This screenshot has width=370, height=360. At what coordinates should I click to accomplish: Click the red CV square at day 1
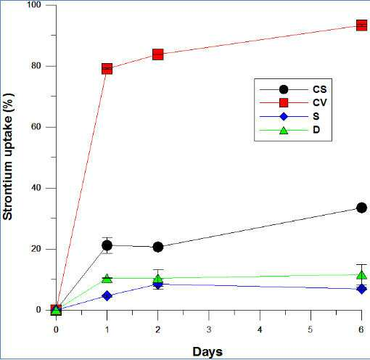[107, 69]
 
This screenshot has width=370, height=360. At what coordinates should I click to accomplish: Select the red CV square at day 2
[158, 54]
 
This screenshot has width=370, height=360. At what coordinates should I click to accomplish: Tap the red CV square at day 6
[361, 25]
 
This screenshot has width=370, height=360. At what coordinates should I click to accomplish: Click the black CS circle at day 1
[107, 245]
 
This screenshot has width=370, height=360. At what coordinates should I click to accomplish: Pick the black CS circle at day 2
[158, 247]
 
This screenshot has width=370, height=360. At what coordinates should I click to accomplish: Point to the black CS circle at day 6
[361, 208]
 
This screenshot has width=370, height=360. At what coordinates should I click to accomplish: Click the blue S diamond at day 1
[107, 295]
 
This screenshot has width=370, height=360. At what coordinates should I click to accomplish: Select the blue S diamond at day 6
[361, 289]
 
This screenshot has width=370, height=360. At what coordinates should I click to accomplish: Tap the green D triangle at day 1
[107, 279]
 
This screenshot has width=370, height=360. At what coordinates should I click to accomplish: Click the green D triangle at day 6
[361, 275]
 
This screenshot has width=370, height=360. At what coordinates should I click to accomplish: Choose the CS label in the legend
[320, 89]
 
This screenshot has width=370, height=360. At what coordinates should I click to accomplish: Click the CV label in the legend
[320, 103]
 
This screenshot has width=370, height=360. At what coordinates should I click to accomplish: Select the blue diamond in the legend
[284, 117]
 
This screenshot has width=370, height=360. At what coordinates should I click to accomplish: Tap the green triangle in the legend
[284, 131]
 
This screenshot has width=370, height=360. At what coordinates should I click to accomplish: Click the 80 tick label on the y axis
[37, 66]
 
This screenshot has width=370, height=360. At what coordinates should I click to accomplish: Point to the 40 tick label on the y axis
[37, 188]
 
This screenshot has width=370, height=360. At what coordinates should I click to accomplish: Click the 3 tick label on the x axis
[209, 330]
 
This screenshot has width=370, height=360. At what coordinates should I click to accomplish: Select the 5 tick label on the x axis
[311, 330]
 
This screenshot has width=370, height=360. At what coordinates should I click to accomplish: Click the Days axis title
[207, 352]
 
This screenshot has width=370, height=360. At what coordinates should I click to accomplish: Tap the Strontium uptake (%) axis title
[8, 157]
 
